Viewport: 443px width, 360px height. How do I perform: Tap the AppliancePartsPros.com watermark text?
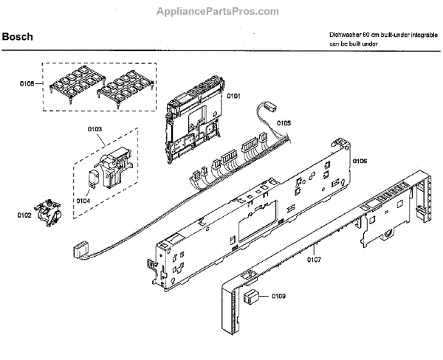point(219,11)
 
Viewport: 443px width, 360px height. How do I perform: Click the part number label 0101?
point(234,96)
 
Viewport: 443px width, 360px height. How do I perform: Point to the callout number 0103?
point(95,129)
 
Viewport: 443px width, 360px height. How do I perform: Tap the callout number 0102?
point(25,215)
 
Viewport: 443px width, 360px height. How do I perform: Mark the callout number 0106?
point(360,160)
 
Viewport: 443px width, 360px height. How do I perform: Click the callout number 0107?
point(315,258)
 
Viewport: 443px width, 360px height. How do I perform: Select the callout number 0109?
point(278,296)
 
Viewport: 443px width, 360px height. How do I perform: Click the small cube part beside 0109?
point(253,297)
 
